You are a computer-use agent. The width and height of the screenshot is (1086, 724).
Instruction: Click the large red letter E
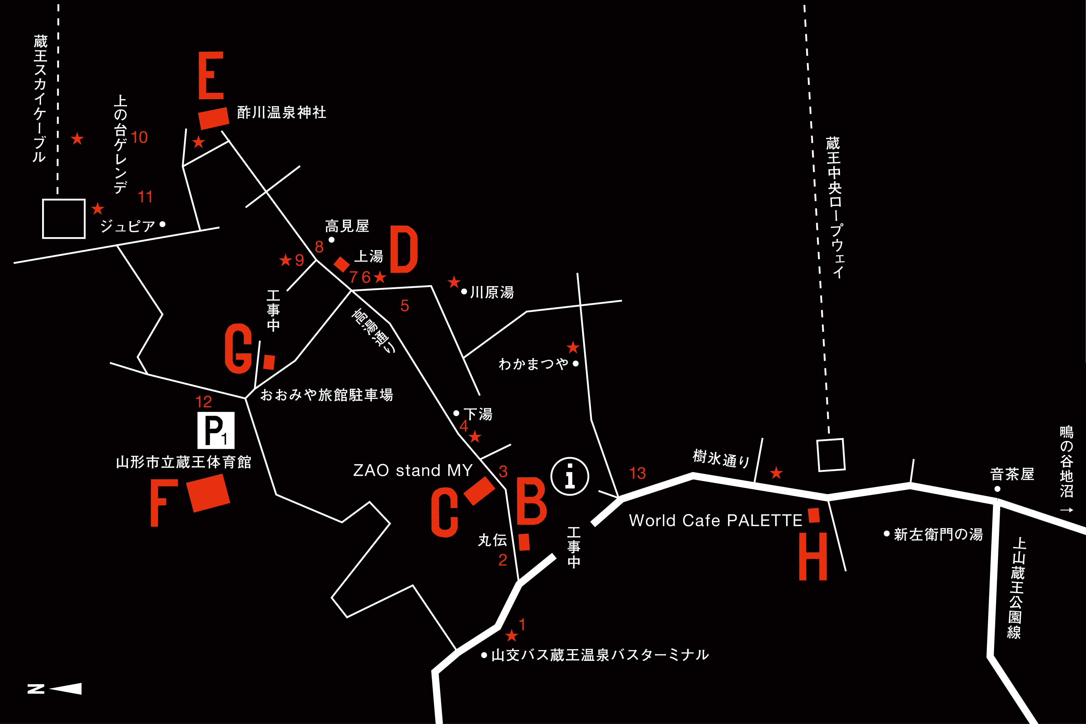point(211,75)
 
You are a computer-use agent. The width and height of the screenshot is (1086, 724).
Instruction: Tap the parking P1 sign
point(216,430)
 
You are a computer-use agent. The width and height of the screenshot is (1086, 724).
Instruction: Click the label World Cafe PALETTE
point(715,520)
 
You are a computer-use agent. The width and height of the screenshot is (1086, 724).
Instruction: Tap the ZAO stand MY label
point(413,471)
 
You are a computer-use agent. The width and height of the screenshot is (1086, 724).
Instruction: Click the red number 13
point(637,473)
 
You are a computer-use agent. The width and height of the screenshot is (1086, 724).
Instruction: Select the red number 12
point(204,402)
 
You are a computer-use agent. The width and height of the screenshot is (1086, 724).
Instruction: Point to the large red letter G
point(238,349)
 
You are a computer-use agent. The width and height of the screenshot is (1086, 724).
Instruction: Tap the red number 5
point(405,306)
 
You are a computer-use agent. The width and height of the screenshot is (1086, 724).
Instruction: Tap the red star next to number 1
point(511,636)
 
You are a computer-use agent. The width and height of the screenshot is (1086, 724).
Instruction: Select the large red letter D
point(404,249)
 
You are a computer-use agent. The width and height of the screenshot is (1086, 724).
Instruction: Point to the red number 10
point(139,138)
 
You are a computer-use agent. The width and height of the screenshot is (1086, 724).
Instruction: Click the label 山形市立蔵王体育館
point(184,462)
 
